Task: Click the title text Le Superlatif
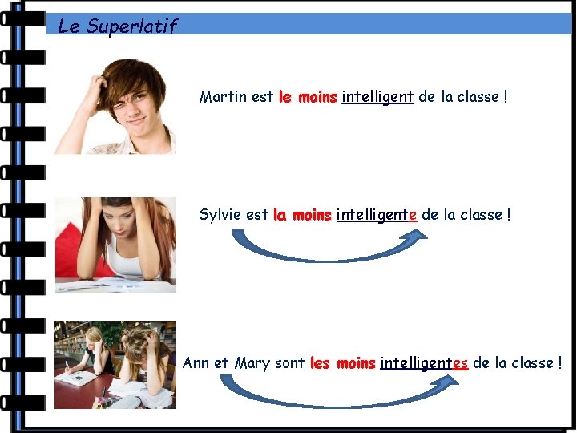click(117, 26)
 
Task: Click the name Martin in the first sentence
click(223, 97)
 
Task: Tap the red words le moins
click(308, 98)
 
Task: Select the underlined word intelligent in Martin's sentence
click(377, 98)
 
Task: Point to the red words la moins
click(302, 215)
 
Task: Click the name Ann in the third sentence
click(196, 362)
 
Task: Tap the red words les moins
click(342, 363)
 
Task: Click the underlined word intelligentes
click(424, 363)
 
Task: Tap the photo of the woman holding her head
click(115, 245)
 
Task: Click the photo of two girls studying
click(115, 365)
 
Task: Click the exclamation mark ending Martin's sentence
click(506, 97)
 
